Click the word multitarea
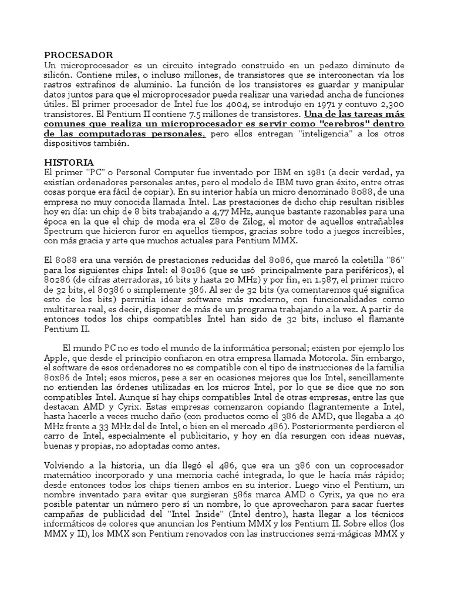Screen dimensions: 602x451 [x=68, y=309]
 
